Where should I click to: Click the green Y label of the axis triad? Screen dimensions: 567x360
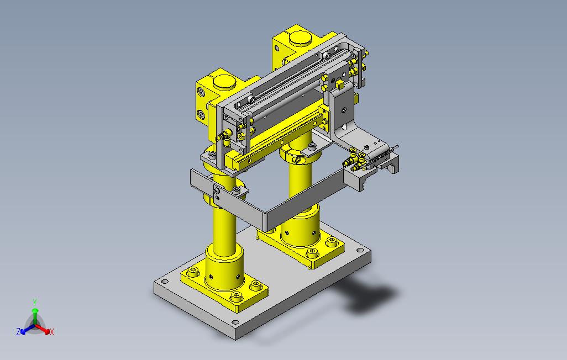click(35, 302)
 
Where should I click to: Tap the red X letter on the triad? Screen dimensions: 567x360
click(52, 332)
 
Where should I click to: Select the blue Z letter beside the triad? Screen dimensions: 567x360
click(18, 331)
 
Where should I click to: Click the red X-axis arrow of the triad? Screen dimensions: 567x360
click(43, 329)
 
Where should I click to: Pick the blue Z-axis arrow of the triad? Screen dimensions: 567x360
click(28, 329)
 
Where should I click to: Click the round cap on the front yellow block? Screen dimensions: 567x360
click(224, 82)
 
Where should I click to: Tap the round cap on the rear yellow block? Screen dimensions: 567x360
click(301, 38)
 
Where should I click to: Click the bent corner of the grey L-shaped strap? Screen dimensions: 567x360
click(267, 220)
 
